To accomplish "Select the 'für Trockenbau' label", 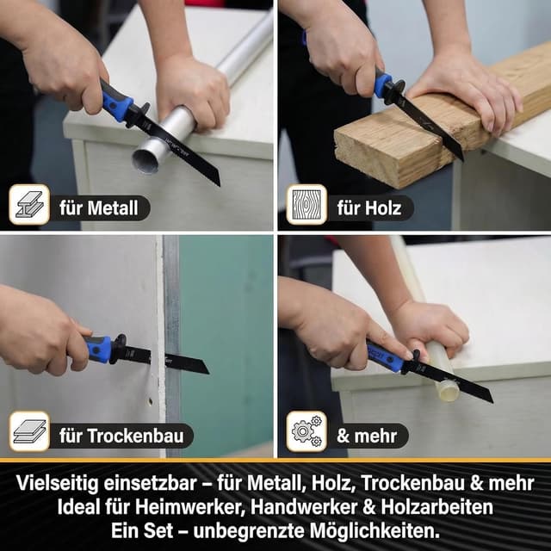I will coord(121,435).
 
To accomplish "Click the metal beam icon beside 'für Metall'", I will coord(29,205).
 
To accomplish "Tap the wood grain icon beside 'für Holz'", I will coord(306,205).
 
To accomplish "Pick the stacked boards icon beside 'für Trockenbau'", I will coord(29,432).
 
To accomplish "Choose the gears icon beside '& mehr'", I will coord(306,432).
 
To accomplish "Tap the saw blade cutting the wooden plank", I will coord(430,125).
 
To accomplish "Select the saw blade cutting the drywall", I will coord(176,361).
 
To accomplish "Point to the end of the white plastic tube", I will coord(448,390).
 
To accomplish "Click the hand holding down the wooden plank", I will coord(465,90).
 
